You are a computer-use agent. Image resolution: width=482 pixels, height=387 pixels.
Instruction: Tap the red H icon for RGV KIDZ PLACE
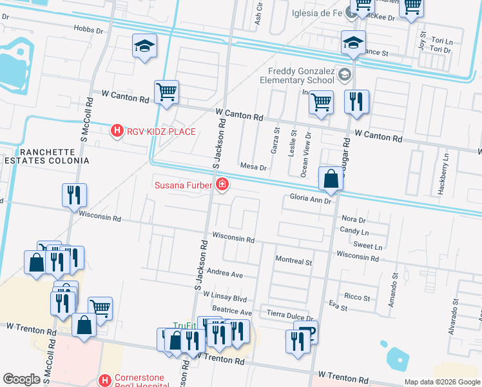(117, 132)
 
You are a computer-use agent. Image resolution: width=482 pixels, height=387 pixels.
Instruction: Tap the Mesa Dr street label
(253, 166)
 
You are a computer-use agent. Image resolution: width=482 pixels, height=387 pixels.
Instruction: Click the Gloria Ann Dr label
(310, 200)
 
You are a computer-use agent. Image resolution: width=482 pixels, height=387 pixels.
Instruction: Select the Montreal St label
(293, 263)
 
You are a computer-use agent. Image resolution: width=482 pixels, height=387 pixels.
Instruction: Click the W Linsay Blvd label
(225, 299)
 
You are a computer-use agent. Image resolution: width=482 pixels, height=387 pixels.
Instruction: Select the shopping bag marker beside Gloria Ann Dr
(331, 179)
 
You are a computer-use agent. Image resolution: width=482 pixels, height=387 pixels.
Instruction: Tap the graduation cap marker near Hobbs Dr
(145, 46)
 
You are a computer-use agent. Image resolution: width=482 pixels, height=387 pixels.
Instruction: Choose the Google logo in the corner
(21, 379)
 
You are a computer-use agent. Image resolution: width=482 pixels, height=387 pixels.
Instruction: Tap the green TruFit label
(184, 326)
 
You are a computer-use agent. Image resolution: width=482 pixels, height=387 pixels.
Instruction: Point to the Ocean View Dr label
(307, 155)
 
